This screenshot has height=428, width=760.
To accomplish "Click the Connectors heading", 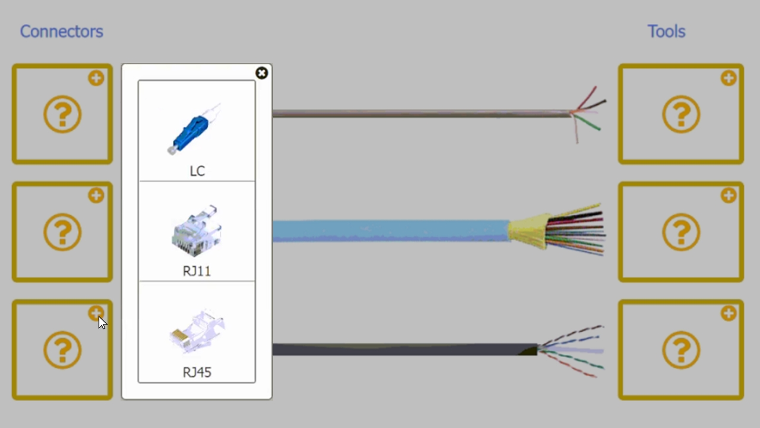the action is tap(61, 32).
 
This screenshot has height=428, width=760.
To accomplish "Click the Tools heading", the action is tap(666, 32).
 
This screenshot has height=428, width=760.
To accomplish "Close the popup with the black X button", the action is tap(262, 73).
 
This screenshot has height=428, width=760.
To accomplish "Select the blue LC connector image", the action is tap(194, 129).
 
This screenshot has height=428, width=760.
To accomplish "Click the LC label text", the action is tap(197, 171).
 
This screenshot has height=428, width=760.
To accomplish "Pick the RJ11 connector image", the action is tap(197, 231).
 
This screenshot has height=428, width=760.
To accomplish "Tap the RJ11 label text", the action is tap(197, 271).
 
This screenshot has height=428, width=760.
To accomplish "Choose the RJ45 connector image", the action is tap(197, 331).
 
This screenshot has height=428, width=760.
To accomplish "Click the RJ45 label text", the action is tap(197, 372).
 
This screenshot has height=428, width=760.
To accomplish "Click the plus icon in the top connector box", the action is tap(96, 78).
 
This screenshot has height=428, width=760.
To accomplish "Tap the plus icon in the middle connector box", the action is tap(96, 196).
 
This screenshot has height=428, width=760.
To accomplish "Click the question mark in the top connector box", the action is tap(62, 114).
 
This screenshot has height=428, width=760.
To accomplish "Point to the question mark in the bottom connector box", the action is tap(62, 350).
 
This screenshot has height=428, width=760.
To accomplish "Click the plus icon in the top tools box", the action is tap(729, 78).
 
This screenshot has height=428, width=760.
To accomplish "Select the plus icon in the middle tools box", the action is tap(729, 196).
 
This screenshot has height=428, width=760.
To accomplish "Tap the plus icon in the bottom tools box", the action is tap(729, 313).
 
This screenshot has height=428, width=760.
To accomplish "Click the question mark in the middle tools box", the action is tap(681, 232).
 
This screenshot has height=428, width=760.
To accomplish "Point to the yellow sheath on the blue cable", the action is tap(528, 231).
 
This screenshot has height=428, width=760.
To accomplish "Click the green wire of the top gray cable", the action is tap(587, 122).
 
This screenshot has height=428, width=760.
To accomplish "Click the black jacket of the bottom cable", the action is tap(404, 350).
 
